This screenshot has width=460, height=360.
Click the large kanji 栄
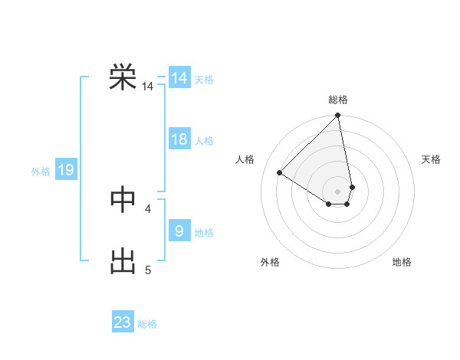[x=123, y=77]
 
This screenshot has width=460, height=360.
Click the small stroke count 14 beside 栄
[x=148, y=87]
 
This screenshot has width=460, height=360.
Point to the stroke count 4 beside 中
[x=148, y=208]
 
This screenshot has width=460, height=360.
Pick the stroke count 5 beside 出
[x=148, y=270]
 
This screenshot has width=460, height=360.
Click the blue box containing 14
[x=179, y=78]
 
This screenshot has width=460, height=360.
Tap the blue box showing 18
[x=179, y=139]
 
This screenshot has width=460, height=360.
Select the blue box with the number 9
[x=179, y=231]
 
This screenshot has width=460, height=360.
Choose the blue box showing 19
[x=66, y=170]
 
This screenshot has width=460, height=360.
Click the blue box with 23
[x=123, y=322]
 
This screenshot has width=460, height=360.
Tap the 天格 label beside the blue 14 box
[x=204, y=80]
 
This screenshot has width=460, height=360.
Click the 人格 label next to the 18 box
[x=204, y=141]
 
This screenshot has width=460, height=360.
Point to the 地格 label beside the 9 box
[x=204, y=233]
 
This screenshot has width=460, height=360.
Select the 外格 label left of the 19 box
[x=41, y=172]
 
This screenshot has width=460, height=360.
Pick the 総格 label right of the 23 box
[x=147, y=324]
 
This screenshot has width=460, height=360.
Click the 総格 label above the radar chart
[x=338, y=100]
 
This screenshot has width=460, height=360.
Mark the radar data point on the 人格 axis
[x=280, y=172]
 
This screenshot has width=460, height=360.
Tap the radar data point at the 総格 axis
[x=338, y=116]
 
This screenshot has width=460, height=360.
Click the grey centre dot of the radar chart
[x=338, y=191]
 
